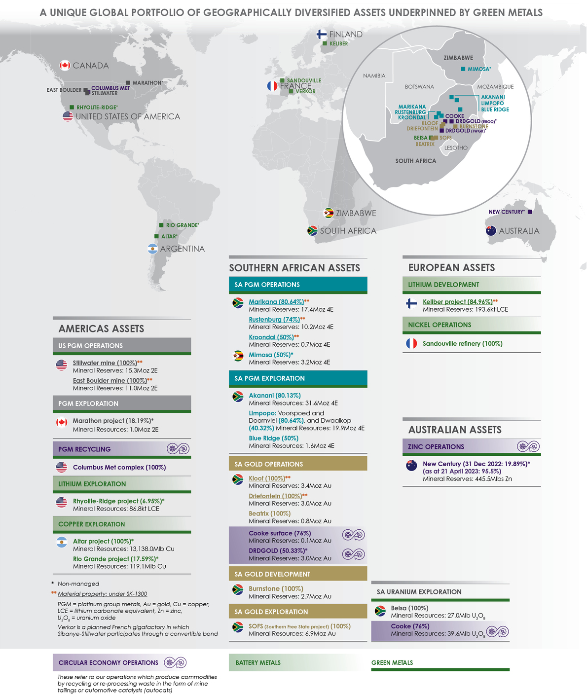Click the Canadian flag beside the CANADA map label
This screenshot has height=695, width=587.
point(65,65)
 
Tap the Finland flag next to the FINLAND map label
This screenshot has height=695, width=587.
point(321,34)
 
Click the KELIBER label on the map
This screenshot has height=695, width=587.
point(339,44)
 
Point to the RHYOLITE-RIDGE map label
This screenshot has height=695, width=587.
point(97,108)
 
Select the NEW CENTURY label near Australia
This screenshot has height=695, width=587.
point(507,212)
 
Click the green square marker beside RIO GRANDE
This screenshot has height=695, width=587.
point(161,225)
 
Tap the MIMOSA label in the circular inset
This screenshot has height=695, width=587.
point(479,69)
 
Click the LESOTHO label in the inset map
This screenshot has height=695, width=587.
point(456,148)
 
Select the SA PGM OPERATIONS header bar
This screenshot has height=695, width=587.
point(298,285)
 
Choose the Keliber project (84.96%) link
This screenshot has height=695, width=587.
point(457,302)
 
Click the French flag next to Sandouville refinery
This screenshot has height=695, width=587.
point(411,343)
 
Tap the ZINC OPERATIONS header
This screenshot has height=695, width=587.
point(436,447)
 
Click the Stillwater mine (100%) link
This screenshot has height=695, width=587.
point(105,363)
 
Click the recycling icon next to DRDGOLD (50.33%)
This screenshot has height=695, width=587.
point(354,554)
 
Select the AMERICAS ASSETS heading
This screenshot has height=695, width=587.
point(101,329)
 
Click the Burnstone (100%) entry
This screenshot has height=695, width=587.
point(276,589)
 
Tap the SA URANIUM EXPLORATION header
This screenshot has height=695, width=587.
point(419,592)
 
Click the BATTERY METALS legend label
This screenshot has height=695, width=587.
point(258,663)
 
